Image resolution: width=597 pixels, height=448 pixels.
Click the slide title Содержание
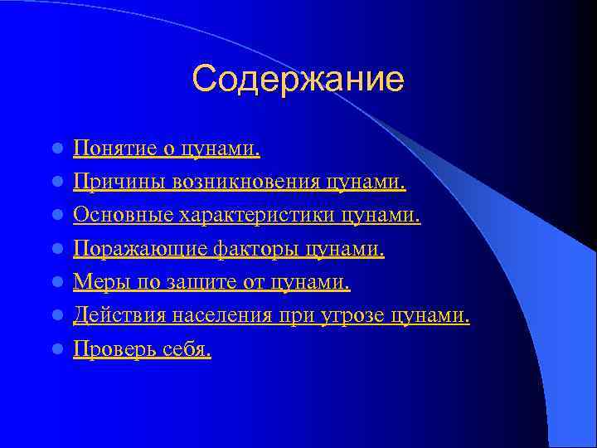(298, 80)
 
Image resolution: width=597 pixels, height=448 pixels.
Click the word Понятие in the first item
(103, 149)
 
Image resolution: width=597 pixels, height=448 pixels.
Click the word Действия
(114, 316)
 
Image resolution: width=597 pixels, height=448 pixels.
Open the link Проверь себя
(142, 350)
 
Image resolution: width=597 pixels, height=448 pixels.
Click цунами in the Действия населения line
(430, 316)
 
